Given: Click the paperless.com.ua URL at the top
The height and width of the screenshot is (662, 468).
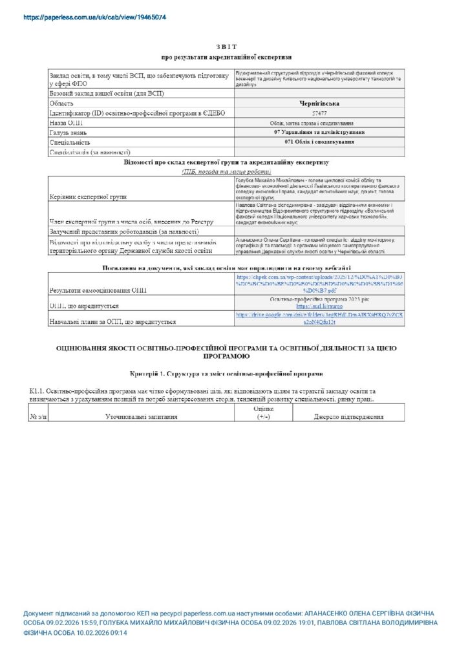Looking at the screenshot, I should click(x=94, y=17).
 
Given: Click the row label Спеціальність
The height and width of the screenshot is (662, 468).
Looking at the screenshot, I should click(x=70, y=142).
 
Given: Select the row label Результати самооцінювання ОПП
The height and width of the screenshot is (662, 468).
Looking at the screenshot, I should click(x=98, y=290).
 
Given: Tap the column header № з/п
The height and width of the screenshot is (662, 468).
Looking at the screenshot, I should click(x=38, y=417).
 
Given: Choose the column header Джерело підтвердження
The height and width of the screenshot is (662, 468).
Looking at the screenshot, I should click(x=349, y=417).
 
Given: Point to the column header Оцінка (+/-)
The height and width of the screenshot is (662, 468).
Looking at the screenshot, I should click(x=264, y=413).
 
